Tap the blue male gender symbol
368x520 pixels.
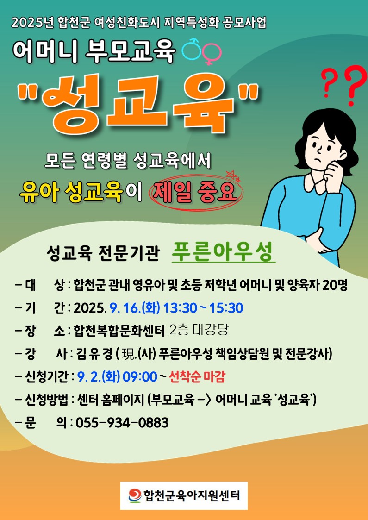192,49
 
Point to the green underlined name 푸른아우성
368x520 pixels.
223,252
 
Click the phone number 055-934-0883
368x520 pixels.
122,423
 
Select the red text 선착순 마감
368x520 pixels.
197,377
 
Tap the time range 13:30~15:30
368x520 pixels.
203,308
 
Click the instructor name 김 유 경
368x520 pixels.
94,354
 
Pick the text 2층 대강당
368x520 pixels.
199,330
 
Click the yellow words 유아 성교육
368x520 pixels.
71,192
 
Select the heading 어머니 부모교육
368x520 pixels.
94,51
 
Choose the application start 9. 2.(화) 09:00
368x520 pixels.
117,377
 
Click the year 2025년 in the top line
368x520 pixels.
33,23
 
